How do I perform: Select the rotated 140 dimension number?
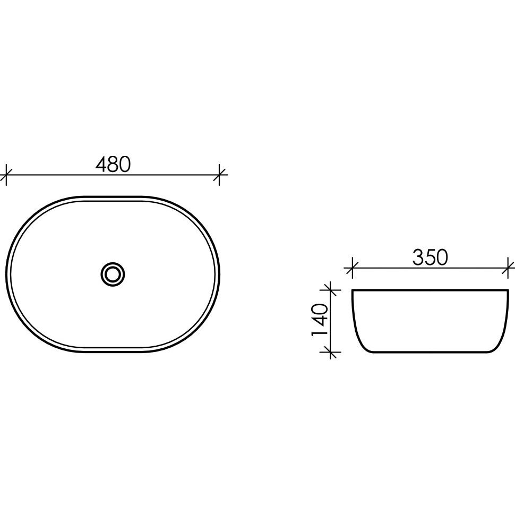320,320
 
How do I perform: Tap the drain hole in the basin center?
113,274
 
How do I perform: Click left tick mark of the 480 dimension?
6,175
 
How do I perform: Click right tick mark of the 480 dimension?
219,175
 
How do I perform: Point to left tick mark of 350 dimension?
352,268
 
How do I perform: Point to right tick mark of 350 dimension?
508,268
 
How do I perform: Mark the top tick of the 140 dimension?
330,290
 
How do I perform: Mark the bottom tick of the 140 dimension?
330,352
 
